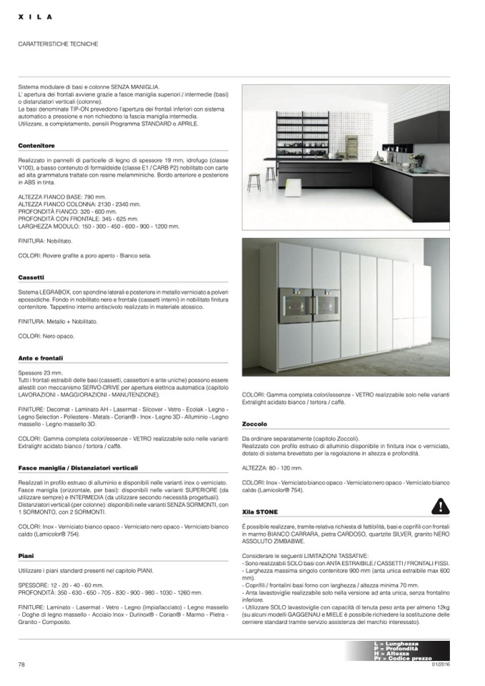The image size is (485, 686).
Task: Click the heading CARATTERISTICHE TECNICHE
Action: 58,44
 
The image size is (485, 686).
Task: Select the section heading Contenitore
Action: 36,145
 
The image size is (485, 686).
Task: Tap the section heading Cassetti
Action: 32,276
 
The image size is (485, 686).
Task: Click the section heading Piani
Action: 26,555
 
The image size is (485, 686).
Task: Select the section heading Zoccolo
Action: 255,424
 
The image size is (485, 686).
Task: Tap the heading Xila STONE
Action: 259,512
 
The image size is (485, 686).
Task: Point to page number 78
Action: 21,665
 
